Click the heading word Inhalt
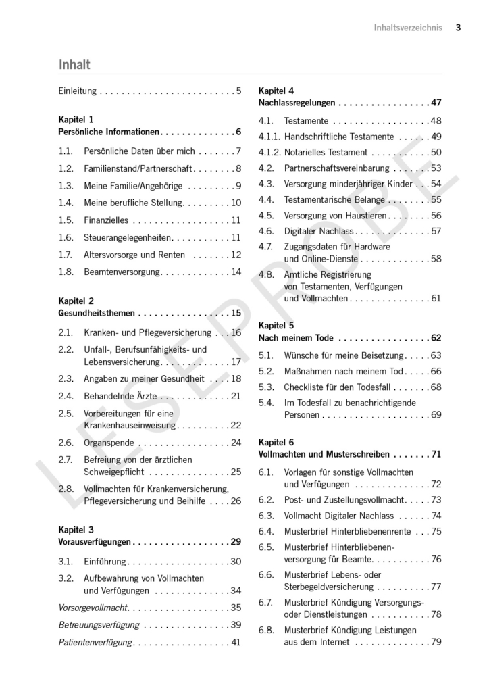[74, 65]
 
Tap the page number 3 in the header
[458, 28]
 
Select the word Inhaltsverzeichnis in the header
[408, 28]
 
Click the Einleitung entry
[78, 90]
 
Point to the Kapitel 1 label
[76, 119]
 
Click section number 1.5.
[66, 220]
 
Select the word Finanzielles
[106, 220]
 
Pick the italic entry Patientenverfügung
[95, 642]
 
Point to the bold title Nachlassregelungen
[297, 103]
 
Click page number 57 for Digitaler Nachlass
[436, 231]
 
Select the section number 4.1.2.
[269, 152]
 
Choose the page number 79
[436, 642]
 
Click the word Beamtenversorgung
[122, 272]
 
